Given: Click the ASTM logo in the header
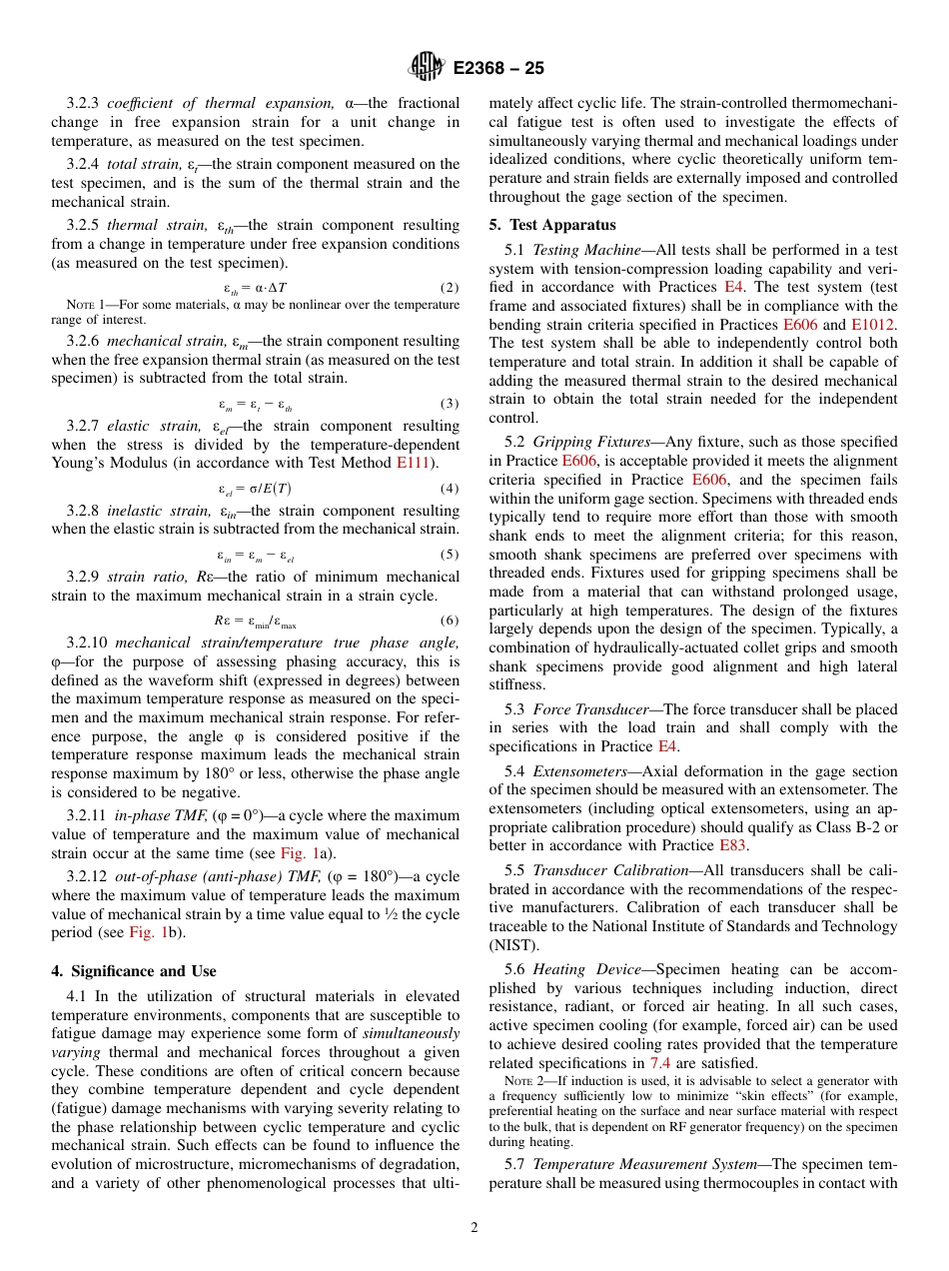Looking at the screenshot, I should [427, 68].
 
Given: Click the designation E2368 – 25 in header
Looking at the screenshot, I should [497, 69].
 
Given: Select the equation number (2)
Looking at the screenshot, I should [450, 288].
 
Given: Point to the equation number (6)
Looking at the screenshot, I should [450, 620].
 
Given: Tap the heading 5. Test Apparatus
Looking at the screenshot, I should [552, 225].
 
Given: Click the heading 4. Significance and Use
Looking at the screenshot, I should [134, 970].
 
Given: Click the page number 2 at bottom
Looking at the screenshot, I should [474, 1228].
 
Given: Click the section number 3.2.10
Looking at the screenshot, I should [88, 642].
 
